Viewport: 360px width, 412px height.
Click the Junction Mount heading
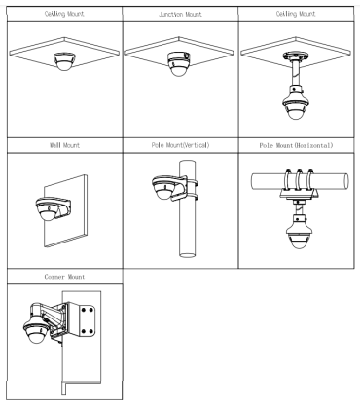pos(180,15)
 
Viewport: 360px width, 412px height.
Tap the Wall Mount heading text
pos(64,145)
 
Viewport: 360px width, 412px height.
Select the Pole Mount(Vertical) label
pos(180,145)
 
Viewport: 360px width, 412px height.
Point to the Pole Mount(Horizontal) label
pos(296,145)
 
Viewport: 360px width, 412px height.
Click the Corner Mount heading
pos(64,277)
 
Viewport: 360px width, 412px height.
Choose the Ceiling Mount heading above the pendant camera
pos(296,14)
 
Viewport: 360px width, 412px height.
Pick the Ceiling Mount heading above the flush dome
pos(64,14)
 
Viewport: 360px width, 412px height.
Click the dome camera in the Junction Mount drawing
pos(178,63)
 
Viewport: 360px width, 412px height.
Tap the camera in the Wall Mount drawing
pos(49,209)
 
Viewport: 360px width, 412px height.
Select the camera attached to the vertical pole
pos(164,188)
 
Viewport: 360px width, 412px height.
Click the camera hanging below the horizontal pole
pos(299,232)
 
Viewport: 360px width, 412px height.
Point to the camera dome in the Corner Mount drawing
pos(36,331)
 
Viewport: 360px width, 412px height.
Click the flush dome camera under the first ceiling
pos(64,61)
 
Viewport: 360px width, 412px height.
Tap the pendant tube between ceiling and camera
pos(296,73)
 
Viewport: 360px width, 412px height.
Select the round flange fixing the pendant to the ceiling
pos(296,56)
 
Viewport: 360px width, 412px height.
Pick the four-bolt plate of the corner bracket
pos(87,320)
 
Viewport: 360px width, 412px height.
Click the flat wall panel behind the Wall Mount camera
pos(65,211)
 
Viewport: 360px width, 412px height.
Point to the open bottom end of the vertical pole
pos(188,254)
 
